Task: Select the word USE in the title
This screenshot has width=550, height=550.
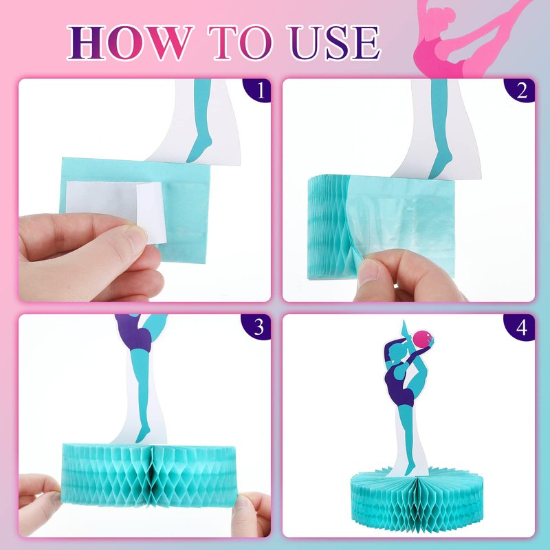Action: tap(334, 43)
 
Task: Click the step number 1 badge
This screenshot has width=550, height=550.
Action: tap(258, 90)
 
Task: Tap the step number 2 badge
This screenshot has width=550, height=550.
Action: tap(520, 90)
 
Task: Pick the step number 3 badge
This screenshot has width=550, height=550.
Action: tap(256, 327)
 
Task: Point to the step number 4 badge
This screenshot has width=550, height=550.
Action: tap(520, 328)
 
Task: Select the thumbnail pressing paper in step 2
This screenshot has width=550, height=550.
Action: tap(368, 272)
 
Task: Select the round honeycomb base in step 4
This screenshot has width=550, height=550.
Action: tap(417, 499)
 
